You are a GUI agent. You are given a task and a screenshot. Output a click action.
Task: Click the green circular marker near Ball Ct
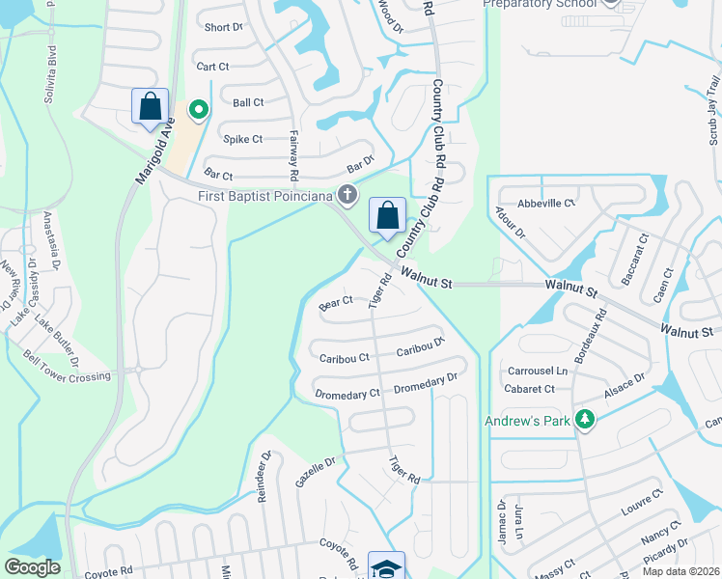(x=199, y=111)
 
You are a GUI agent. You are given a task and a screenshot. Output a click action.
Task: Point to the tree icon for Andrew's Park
(x=583, y=419)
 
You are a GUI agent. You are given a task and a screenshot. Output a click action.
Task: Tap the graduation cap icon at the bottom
(x=386, y=567)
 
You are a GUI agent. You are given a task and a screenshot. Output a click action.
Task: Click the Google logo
(x=32, y=567)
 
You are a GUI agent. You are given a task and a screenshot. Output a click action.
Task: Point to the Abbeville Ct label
(x=546, y=204)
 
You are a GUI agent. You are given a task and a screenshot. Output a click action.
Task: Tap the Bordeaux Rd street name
(x=590, y=336)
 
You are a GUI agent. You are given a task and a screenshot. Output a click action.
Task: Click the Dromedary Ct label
(x=347, y=394)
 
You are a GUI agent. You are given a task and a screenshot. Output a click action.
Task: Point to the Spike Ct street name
(x=243, y=139)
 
